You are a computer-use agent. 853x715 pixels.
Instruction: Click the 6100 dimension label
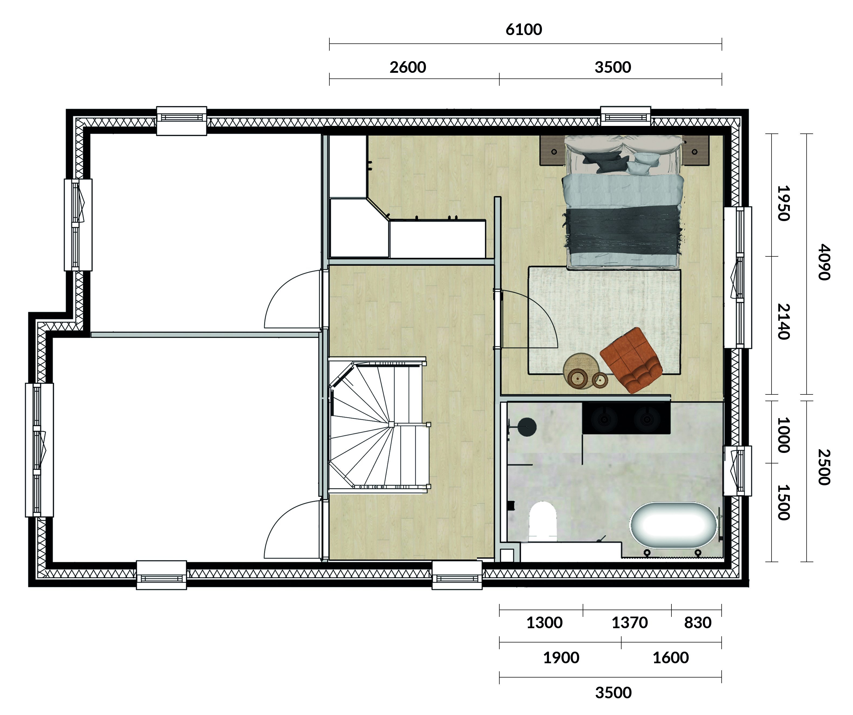(x=524, y=30)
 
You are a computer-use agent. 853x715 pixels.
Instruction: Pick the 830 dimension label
(x=698, y=623)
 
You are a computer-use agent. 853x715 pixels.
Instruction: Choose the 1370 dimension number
(x=630, y=623)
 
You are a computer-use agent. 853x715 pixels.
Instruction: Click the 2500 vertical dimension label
(x=824, y=467)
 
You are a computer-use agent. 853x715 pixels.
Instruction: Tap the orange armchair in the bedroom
(x=631, y=360)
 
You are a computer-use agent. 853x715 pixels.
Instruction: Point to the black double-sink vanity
(x=626, y=418)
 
